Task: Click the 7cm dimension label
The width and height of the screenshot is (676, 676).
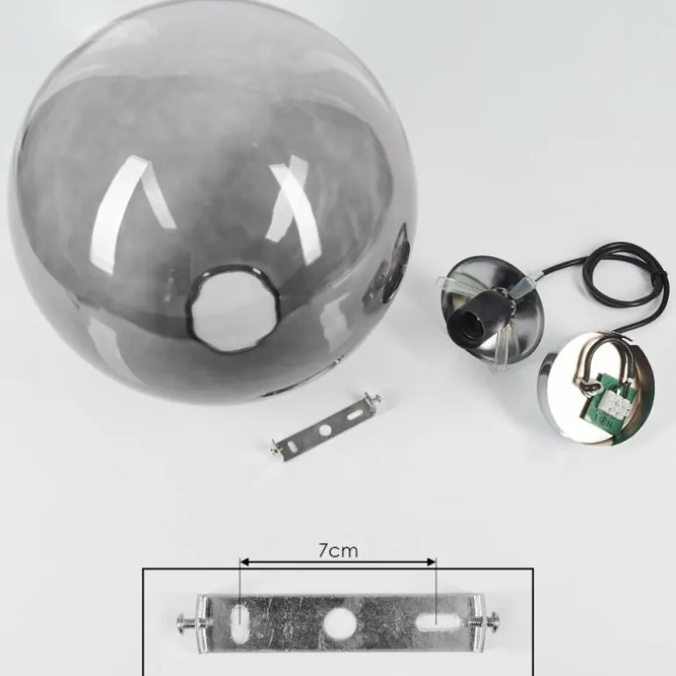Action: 338,550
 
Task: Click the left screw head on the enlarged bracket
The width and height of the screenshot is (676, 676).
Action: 184,623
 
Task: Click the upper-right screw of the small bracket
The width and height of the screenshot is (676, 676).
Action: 376,399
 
